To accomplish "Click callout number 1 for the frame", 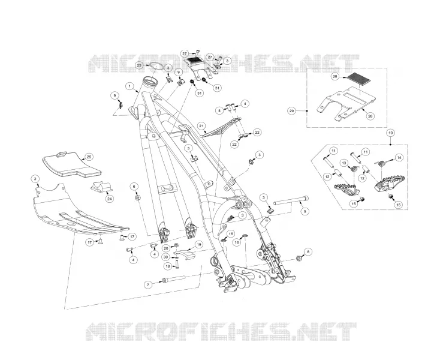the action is point(129,86).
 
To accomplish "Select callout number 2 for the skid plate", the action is point(35,179).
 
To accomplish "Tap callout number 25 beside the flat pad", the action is point(89,157).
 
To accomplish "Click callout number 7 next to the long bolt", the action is point(148,284).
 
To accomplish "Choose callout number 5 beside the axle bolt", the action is point(305,211).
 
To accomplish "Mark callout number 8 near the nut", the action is point(308,252).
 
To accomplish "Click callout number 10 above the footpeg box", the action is point(390,132).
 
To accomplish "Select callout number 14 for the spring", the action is point(399,158).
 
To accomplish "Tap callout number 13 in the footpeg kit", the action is point(344,163).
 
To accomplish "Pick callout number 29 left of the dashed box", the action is point(291,111).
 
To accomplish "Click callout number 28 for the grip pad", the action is point(334,77).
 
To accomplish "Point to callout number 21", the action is point(201,126).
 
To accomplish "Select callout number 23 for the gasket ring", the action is point(139,65).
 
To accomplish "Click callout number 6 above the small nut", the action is point(134,187).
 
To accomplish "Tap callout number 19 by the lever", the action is point(198,245).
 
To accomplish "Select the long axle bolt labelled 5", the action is point(290,202).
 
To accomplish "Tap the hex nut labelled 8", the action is point(299,258).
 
